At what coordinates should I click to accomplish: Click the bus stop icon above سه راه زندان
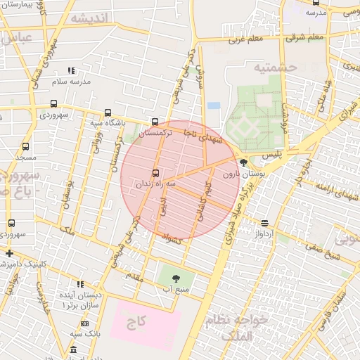tap(155, 174)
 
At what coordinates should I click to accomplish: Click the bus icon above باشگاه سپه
tap(108, 112)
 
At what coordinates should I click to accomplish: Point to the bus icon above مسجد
tap(26, 146)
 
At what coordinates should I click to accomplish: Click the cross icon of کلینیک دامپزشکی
tap(8, 253)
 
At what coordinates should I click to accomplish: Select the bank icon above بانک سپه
tap(84, 323)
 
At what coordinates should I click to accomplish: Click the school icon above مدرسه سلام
tap(70, 70)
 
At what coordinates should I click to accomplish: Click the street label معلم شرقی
tap(305, 37)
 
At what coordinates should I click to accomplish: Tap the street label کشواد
tap(172, 240)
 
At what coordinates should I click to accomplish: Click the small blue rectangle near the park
tap(214, 105)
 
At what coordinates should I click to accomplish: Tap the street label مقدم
tap(134, 277)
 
